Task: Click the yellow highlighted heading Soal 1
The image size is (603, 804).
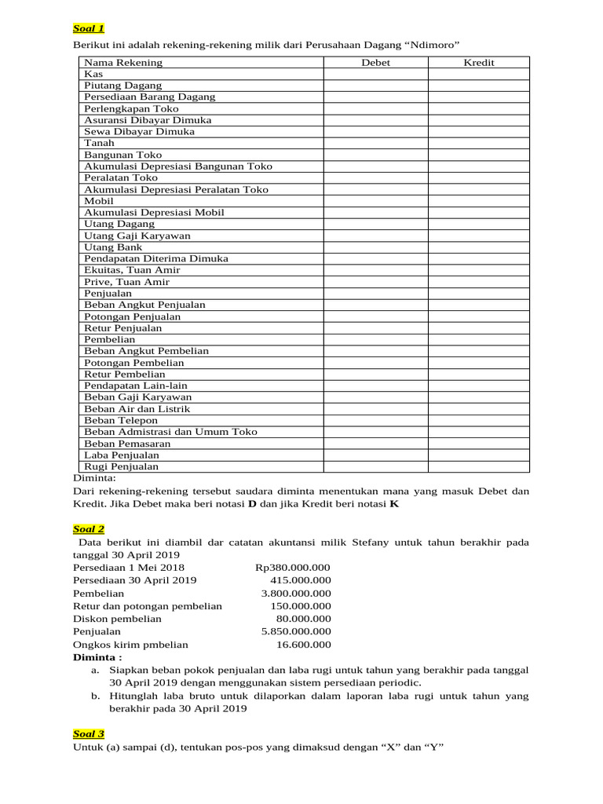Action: click(x=89, y=28)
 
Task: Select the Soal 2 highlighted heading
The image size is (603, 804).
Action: click(x=89, y=530)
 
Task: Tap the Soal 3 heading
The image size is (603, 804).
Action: click(x=89, y=733)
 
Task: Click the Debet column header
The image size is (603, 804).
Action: click(x=375, y=62)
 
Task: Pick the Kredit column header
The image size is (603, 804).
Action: click(x=479, y=62)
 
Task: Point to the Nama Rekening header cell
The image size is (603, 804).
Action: click(x=123, y=62)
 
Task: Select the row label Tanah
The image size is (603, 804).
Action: click(x=99, y=143)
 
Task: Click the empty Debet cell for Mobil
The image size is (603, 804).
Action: click(x=375, y=201)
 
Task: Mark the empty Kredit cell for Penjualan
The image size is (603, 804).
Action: click(x=479, y=294)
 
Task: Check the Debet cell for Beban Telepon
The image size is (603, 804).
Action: click(x=375, y=420)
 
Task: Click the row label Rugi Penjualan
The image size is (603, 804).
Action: click(x=121, y=466)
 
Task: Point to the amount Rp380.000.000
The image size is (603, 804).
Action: click(x=293, y=567)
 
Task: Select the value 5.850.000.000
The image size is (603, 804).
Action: click(x=296, y=631)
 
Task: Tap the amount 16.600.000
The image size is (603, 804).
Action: click(x=304, y=645)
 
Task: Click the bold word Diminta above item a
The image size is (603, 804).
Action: click(x=97, y=657)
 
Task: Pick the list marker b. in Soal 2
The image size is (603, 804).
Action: click(x=95, y=696)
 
